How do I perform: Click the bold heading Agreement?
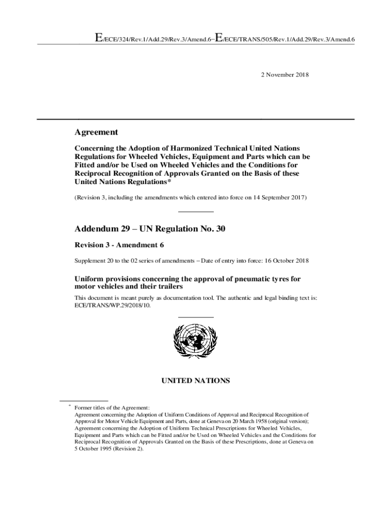pos(96,133)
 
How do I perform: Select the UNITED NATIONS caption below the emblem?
pos(195,380)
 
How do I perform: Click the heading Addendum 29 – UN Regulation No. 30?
pos(150,229)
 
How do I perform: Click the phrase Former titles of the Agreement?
pos(112,408)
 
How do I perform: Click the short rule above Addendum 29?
pos(195,212)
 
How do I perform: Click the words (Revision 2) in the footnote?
pos(129,449)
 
